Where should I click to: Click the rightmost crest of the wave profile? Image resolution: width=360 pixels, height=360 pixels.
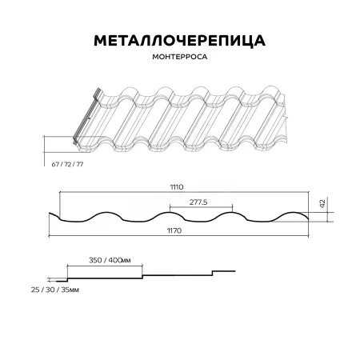point(295,212)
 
